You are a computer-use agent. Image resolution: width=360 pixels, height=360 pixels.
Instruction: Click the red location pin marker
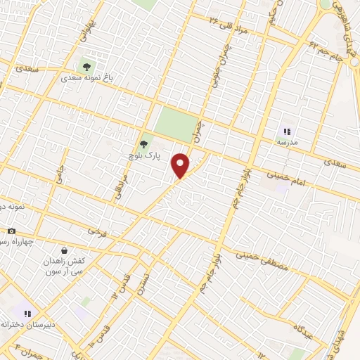point(181,165)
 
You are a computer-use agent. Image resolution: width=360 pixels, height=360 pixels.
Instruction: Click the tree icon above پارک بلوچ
point(144,144)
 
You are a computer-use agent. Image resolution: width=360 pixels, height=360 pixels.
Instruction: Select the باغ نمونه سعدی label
point(87,79)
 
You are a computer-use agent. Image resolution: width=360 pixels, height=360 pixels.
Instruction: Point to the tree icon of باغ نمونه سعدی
point(87,67)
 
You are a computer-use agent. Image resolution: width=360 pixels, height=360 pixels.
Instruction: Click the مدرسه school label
point(286,143)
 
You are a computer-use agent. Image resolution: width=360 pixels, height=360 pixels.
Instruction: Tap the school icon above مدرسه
point(286,131)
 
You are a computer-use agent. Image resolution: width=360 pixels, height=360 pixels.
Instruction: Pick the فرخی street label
point(95,231)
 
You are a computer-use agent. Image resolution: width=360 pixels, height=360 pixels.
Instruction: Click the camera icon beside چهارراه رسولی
point(11,231)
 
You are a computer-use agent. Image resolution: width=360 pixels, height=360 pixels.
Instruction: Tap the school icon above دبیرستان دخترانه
point(27,314)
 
